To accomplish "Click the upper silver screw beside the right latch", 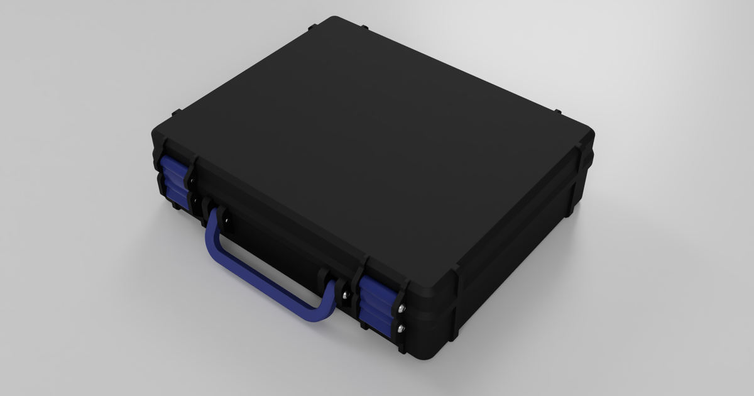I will pos(401,308).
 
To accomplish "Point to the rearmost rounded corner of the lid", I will pos(334,20).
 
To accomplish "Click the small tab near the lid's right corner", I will pos(557,112).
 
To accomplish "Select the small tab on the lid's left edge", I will pos(176,113).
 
